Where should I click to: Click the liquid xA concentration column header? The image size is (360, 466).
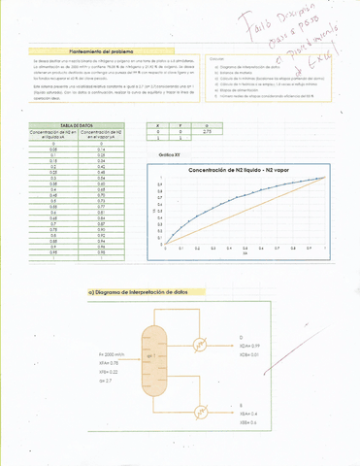(44, 136)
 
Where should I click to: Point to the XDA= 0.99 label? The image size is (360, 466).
(249, 346)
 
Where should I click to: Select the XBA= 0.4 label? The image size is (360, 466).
(248, 412)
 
